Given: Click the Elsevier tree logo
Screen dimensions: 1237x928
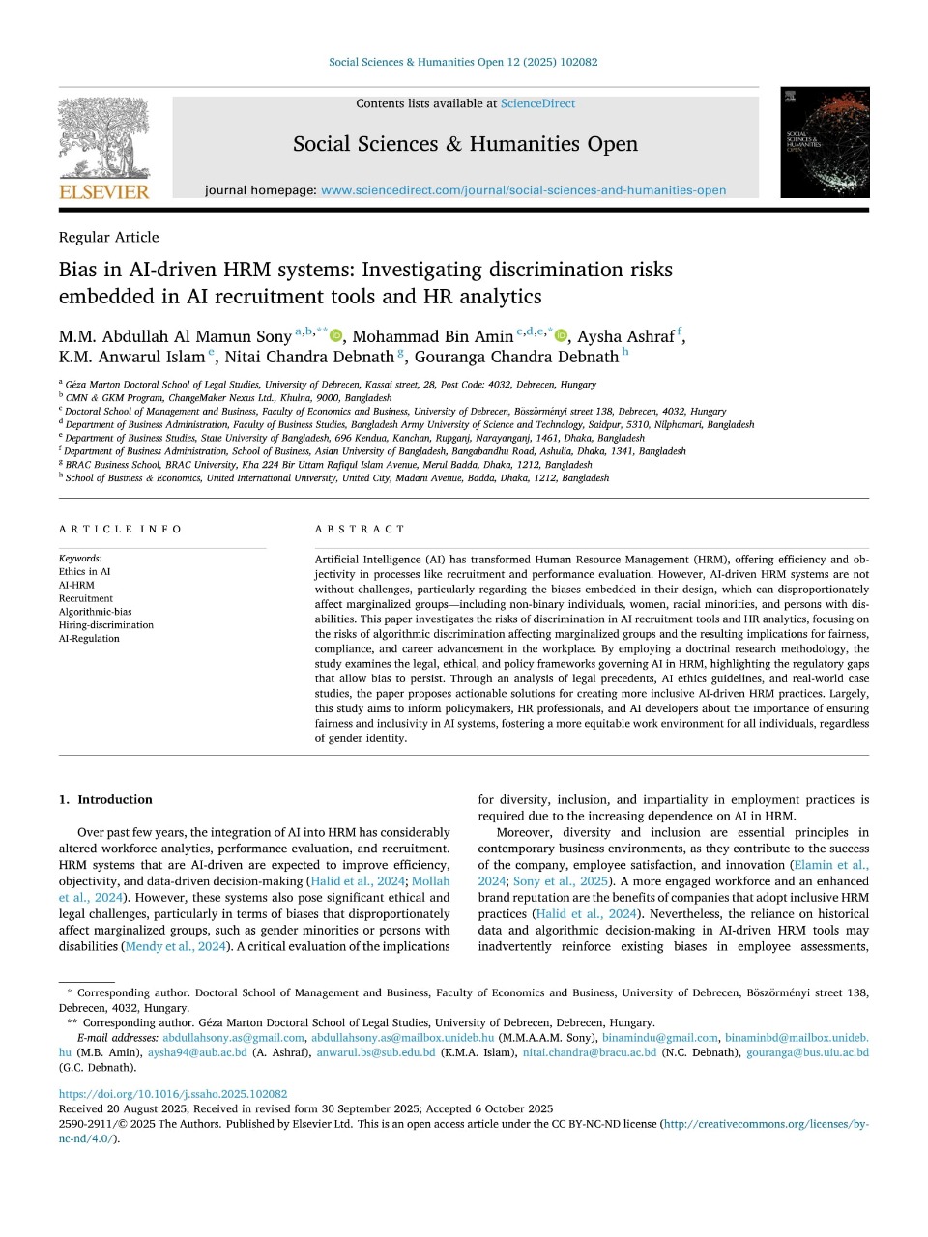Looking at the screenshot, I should pos(104,140).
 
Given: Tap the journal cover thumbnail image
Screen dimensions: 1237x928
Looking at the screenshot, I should pos(825,142).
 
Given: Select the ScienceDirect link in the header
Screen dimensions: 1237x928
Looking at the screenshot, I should pos(537,103).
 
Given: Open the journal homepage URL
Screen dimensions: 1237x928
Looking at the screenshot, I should pos(523,190).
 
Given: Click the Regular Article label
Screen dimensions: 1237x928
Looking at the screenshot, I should pos(108,237).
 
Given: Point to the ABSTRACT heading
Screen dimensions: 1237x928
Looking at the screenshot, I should pos(360,529).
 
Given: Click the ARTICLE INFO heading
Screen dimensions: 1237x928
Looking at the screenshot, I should pos(120,529).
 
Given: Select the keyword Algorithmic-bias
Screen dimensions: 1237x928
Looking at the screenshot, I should pos(95,612).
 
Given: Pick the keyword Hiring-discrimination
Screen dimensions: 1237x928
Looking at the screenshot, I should pos(105,625).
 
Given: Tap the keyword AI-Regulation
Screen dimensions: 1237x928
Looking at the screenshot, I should pos(89,639).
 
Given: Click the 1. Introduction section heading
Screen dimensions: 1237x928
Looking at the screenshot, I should pos(105,799).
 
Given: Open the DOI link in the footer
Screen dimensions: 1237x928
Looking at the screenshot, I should pos(173,1094).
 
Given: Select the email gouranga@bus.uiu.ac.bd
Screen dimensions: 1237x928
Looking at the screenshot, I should pos(807,1052).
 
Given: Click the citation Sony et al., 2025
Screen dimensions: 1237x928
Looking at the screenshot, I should pos(561,880).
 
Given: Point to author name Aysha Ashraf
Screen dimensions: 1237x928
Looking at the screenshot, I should pos(625,336).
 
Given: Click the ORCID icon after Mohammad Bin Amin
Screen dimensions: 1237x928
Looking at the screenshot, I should pos(561,335).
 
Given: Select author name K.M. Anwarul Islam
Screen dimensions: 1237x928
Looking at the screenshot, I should pos(131,357).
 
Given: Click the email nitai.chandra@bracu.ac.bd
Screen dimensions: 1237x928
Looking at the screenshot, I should pos(590,1052).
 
